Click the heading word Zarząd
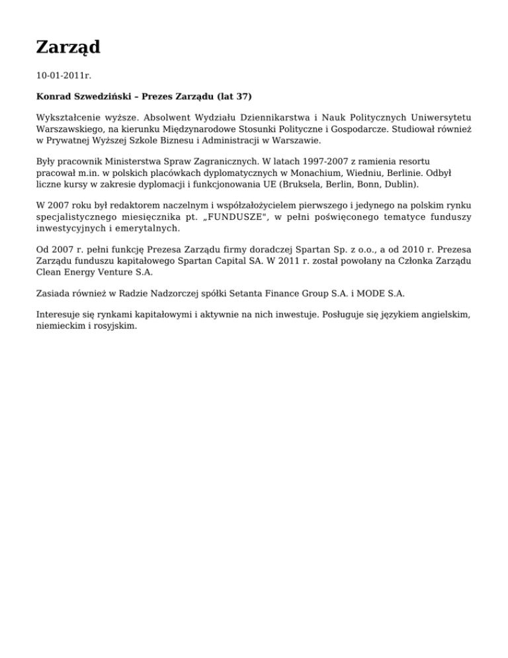[68, 47]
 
